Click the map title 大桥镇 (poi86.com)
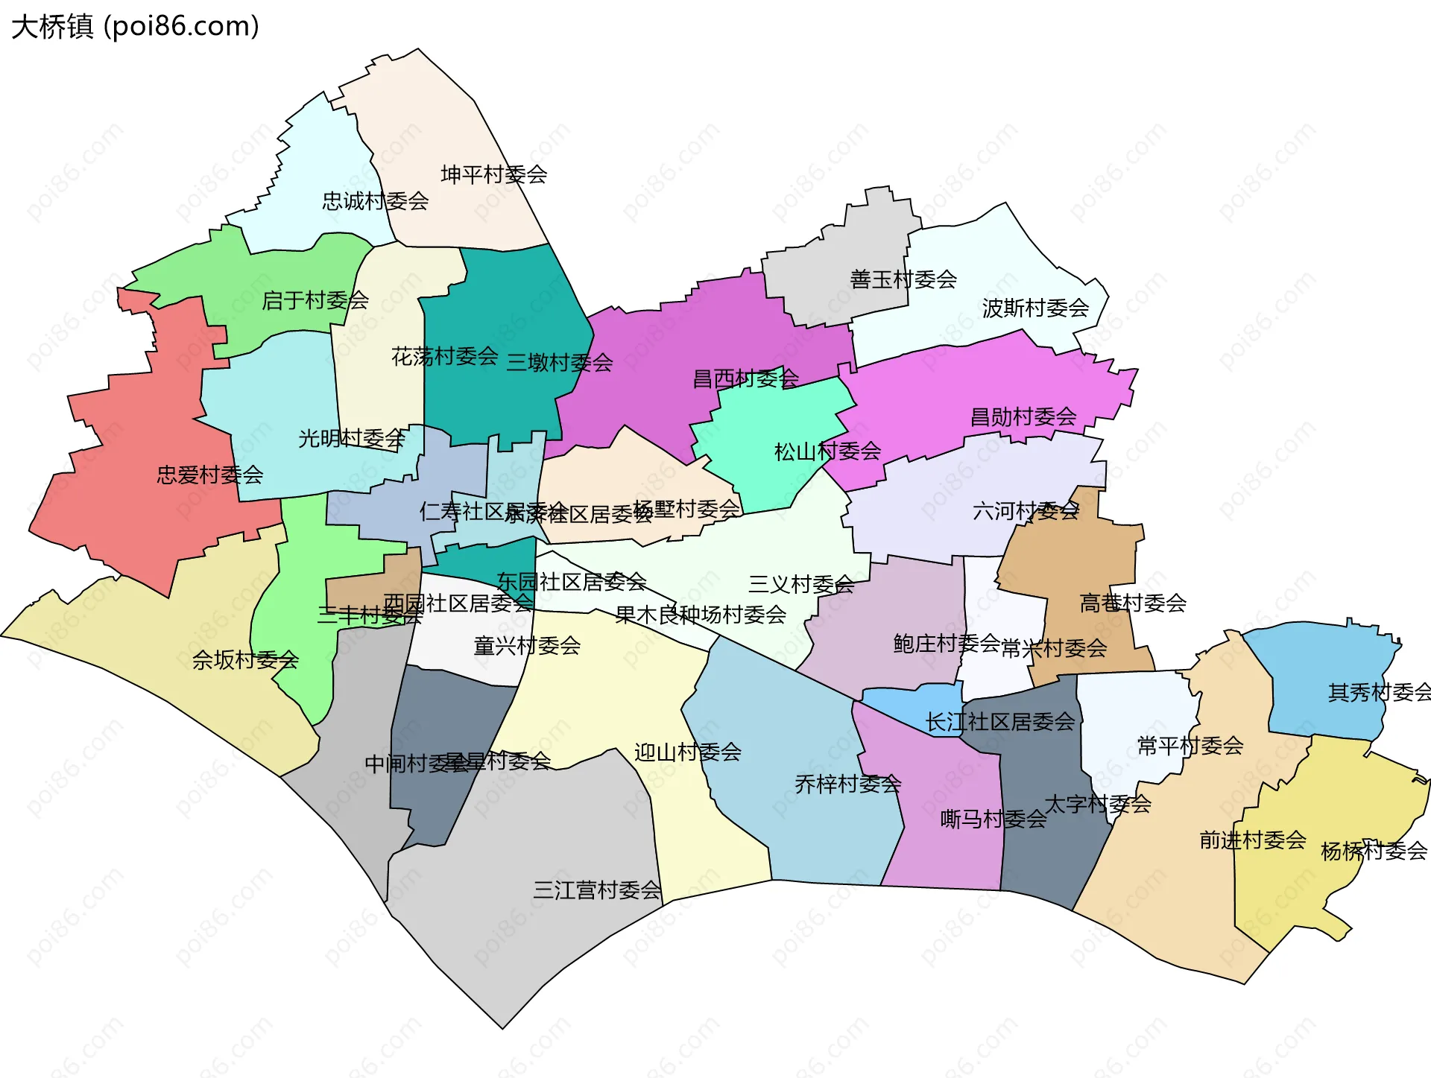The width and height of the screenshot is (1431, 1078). (x=135, y=27)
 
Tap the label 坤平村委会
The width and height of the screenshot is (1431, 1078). (x=493, y=174)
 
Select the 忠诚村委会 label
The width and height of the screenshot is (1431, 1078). (x=375, y=200)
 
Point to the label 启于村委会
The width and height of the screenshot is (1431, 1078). (x=315, y=300)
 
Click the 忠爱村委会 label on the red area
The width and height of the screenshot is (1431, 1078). (x=209, y=475)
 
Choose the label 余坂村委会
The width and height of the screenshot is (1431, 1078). (x=245, y=659)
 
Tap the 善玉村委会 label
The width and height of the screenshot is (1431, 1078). (x=903, y=279)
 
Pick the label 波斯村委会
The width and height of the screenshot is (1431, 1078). (x=1035, y=308)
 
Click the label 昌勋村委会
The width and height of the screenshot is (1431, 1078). (x=1023, y=416)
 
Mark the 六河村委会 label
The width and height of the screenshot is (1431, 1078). (x=1026, y=511)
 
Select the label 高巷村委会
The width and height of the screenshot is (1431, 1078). (x=1132, y=603)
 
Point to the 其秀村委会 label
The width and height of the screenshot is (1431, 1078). (x=1379, y=692)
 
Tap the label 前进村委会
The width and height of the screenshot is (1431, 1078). (x=1252, y=840)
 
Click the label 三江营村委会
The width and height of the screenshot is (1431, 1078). (x=597, y=890)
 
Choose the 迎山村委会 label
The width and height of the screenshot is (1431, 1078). (x=687, y=752)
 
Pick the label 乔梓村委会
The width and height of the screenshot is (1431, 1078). (x=847, y=784)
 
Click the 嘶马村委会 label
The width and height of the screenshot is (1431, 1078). (x=993, y=819)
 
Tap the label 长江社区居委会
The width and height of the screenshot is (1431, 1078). (x=999, y=721)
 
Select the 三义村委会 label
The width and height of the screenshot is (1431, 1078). (x=800, y=584)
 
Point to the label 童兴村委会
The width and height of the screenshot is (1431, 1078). (x=527, y=645)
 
